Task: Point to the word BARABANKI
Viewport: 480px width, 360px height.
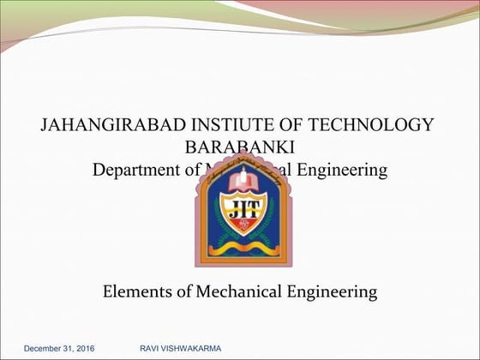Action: (x=239, y=147)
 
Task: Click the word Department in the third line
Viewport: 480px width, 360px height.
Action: (x=135, y=170)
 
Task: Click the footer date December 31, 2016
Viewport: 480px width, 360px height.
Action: (x=61, y=349)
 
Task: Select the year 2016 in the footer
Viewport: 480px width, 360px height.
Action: (x=87, y=349)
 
